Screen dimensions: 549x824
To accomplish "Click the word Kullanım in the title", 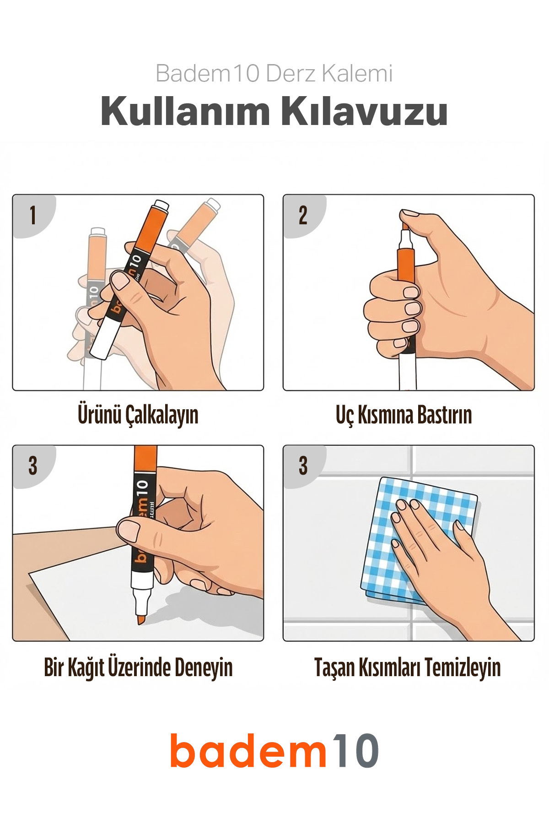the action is point(185,111).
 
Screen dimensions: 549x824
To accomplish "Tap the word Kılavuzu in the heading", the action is point(364,111).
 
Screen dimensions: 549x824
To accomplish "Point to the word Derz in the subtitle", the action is point(291,73).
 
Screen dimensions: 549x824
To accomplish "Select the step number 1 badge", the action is point(33,215).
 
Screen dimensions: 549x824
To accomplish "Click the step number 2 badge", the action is point(303,215).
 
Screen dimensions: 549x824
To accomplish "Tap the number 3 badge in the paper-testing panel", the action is point(33,466).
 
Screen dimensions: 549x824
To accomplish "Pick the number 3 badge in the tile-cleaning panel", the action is point(303,466).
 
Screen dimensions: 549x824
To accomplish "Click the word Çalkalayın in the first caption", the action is point(162,415).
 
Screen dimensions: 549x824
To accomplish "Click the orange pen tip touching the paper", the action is point(141,619).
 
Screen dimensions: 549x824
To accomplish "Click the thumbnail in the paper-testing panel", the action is point(129,530).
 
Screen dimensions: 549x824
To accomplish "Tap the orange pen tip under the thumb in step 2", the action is point(405,226).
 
